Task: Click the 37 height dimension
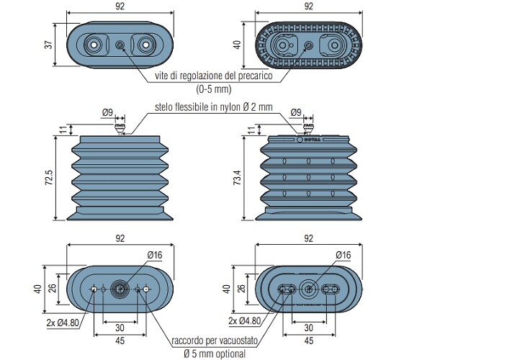tap(49, 45)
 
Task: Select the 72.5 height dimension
tap(49, 178)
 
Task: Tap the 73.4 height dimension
tap(238, 178)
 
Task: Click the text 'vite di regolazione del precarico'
tap(214, 76)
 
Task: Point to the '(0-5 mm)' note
tap(214, 89)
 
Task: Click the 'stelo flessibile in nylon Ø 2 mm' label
tap(214, 107)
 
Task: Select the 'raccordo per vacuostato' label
tap(215, 341)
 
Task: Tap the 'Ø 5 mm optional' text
tap(215, 354)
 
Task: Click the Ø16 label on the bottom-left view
tap(155, 255)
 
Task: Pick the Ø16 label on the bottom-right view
tap(344, 255)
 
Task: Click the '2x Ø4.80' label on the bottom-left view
tap(63, 323)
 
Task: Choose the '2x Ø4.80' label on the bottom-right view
tap(244, 321)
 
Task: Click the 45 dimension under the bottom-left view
tap(120, 341)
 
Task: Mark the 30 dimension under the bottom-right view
tap(309, 328)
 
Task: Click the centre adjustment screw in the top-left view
tap(120, 45)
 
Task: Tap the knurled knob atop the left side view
tap(120, 127)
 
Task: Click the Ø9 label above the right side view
tap(296, 112)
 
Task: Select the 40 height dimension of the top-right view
tap(238, 45)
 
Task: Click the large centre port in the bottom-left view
tap(120, 289)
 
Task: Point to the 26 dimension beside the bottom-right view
tap(241, 288)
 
